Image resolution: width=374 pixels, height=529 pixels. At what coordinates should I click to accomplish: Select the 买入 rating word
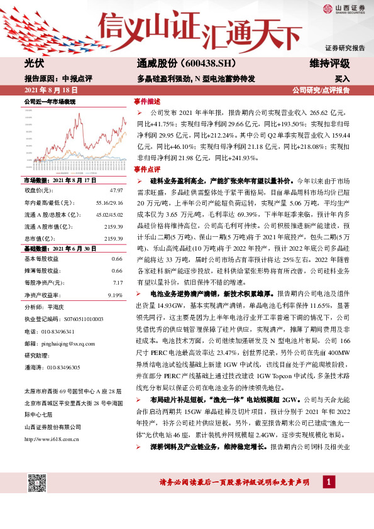[342, 79]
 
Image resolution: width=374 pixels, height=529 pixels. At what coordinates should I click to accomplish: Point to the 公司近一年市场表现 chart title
[50, 101]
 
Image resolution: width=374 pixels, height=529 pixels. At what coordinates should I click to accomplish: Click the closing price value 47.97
[116, 189]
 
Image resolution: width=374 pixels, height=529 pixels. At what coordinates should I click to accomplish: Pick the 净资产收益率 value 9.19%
[115, 295]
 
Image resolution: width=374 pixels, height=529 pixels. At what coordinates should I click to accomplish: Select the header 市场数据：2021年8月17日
[60, 180]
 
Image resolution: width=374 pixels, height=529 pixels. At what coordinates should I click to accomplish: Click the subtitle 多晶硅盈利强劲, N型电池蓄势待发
[195, 79]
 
